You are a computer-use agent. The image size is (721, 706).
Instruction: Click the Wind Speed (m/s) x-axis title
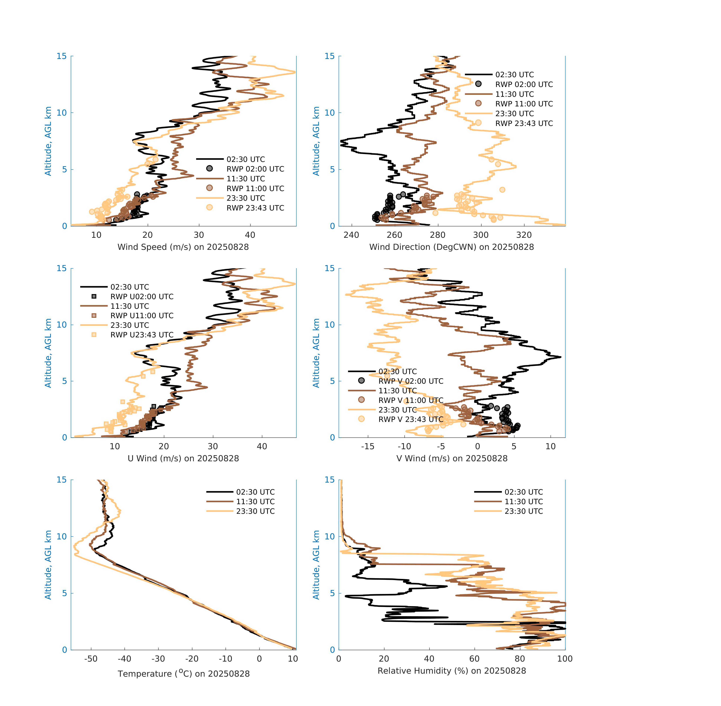[183, 247]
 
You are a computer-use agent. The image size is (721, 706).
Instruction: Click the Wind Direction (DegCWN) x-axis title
[451, 247]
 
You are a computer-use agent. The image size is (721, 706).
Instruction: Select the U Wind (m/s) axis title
[183, 458]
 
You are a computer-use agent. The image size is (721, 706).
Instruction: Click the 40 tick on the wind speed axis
[250, 235]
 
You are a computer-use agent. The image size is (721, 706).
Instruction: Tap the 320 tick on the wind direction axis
[524, 235]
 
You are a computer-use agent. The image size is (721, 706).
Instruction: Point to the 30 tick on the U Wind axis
[213, 446]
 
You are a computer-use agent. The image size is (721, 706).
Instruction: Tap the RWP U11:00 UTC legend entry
[142, 316]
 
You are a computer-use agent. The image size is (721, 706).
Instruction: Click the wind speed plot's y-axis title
[48, 141]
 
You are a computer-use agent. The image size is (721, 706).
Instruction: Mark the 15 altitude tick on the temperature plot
[62, 480]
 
